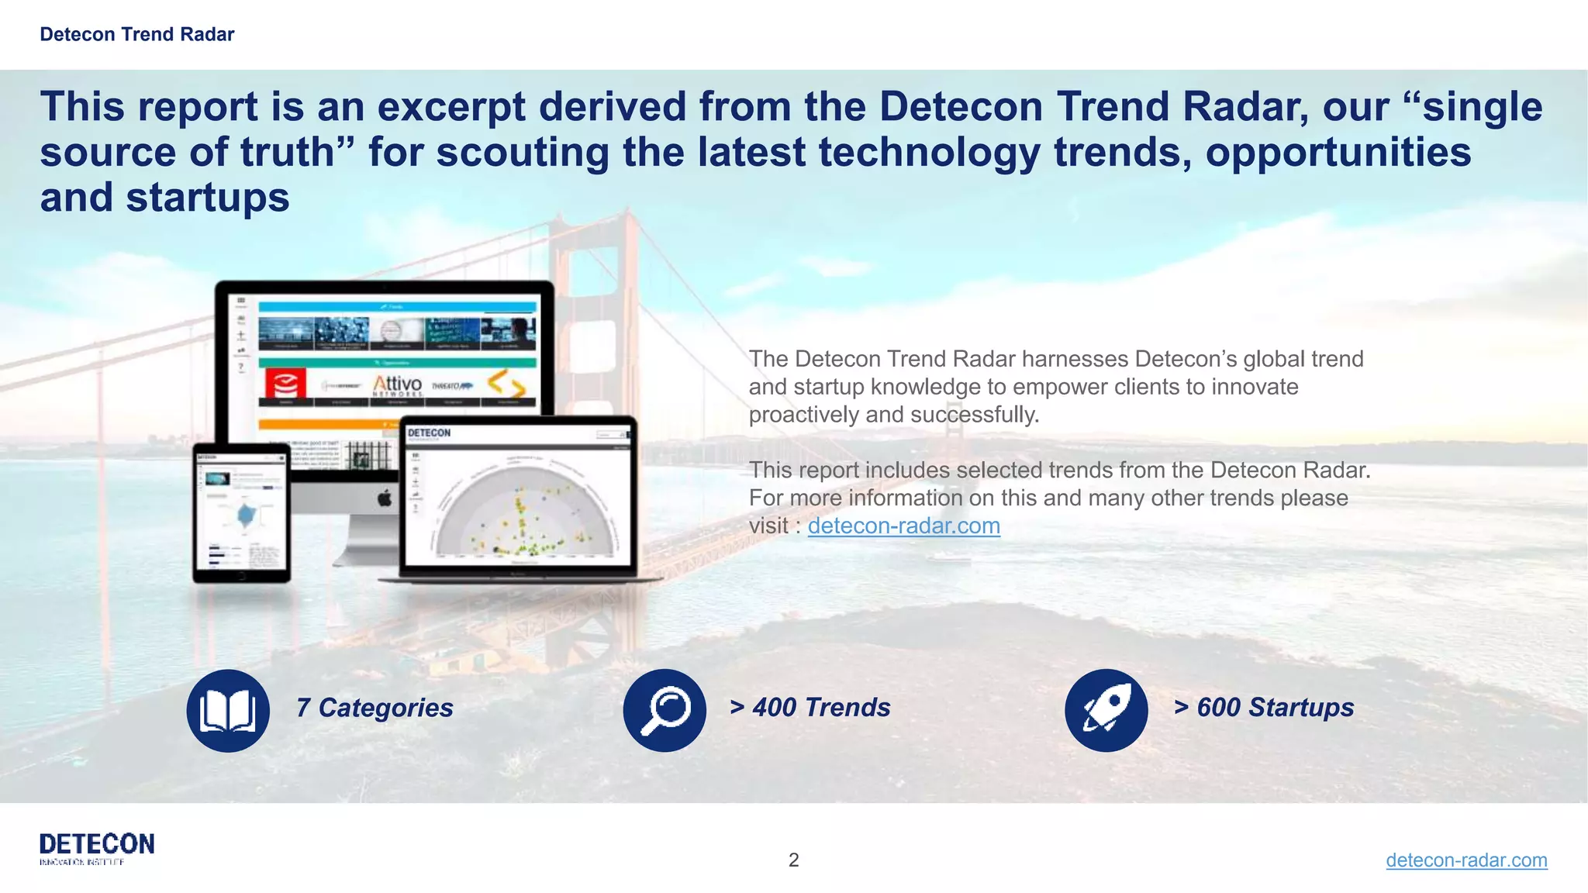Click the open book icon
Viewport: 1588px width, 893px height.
pyautogui.click(x=228, y=710)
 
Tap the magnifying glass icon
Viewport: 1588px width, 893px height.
pyautogui.click(x=665, y=710)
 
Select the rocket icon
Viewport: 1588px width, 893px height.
pyautogui.click(x=1106, y=710)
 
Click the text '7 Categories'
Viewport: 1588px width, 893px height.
pyautogui.click(x=375, y=708)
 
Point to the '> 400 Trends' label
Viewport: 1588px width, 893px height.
pyautogui.click(x=810, y=708)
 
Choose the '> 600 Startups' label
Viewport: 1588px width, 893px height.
pyautogui.click(x=1264, y=708)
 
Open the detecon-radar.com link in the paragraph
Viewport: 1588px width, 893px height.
pyautogui.click(x=903, y=526)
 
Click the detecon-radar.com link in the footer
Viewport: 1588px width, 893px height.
pyautogui.click(x=1465, y=860)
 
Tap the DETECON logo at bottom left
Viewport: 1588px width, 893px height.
pyautogui.click(x=97, y=847)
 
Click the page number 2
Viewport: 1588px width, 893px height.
pyautogui.click(x=793, y=860)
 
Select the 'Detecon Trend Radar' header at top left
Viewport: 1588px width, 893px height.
pyautogui.click(x=136, y=34)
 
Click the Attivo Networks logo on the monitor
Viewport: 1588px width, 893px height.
pyautogui.click(x=397, y=384)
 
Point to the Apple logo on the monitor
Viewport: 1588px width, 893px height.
pyautogui.click(x=385, y=498)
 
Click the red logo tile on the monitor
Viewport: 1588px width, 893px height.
pyautogui.click(x=285, y=383)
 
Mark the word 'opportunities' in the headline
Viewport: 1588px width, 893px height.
pyautogui.click(x=1338, y=152)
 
